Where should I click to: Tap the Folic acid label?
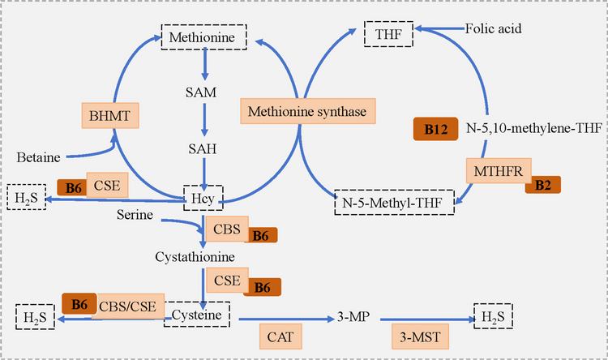[x=493, y=29]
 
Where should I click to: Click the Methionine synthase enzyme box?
[x=302, y=111]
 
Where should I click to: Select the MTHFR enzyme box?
[x=498, y=172]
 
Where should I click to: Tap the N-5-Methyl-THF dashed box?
[x=395, y=200]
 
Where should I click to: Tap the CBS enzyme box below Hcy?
[x=225, y=229]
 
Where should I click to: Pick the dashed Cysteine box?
[x=197, y=311]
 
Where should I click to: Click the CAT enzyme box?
[x=281, y=335]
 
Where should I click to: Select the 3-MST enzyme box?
[x=415, y=335]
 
